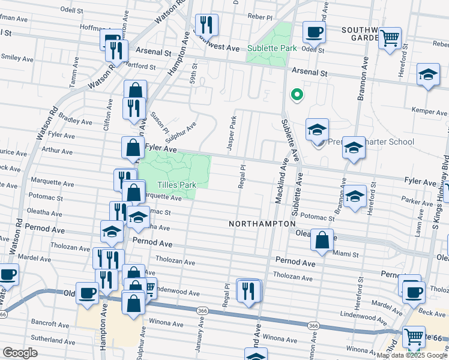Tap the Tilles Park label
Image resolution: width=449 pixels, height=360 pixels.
tap(177, 185)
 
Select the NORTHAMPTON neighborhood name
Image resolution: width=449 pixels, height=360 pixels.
tap(262, 223)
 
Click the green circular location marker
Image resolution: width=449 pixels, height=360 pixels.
tap(295, 94)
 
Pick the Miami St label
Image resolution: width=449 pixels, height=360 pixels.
tap(346, 254)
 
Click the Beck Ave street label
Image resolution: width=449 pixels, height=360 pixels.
tap(431, 313)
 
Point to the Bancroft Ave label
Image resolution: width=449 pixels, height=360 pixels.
tap(51, 325)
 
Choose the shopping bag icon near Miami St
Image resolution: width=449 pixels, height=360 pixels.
tap(322, 240)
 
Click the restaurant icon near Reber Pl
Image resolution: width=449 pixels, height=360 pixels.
tap(206, 25)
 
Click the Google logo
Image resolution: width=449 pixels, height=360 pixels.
tap(20, 352)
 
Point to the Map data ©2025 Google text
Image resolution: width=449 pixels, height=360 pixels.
tap(412, 355)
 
